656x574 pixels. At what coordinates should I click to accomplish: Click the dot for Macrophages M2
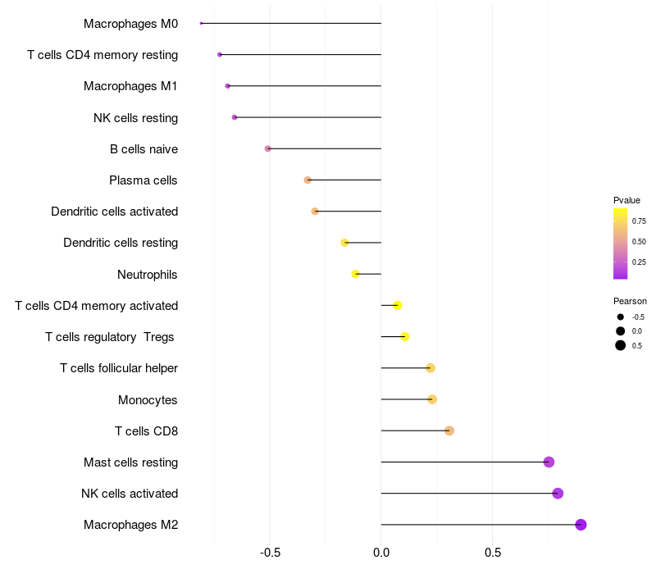(581, 525)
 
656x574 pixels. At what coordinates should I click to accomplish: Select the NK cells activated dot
(558, 494)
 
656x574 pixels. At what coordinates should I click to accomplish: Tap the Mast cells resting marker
(549, 462)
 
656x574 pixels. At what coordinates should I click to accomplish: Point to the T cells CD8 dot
(449, 430)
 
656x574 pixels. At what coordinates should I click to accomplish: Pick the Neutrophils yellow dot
(355, 274)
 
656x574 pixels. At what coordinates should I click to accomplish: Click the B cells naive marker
(267, 148)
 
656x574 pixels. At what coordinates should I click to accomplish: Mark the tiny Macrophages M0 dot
(201, 23)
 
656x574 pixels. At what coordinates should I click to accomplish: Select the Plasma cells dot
(307, 180)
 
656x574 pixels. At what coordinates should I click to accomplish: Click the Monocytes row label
(148, 400)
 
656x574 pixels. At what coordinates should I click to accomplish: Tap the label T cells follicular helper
(119, 368)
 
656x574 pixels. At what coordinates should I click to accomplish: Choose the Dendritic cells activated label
(114, 212)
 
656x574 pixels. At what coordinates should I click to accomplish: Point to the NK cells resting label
(135, 118)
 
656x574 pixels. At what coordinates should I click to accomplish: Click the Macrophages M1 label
(130, 86)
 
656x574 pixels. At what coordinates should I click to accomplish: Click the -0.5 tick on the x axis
(270, 553)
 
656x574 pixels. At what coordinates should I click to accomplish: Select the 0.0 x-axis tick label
(381, 553)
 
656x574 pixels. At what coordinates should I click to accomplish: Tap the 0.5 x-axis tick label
(492, 553)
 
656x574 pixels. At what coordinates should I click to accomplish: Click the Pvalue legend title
(626, 200)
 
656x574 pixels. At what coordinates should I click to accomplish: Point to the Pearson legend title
(630, 301)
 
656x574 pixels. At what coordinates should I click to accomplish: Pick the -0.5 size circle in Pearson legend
(621, 317)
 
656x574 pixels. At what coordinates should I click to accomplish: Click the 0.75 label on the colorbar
(639, 221)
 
